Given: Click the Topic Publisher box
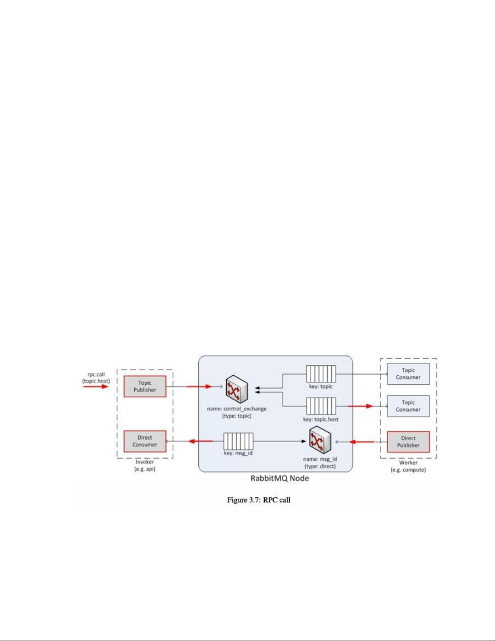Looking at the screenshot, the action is coord(145,386).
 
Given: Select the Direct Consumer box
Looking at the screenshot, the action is coord(145,441).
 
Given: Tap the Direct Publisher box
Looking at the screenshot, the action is coord(408,442).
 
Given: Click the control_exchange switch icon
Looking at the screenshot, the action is coord(237,389).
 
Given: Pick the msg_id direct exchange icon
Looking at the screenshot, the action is coord(320,441).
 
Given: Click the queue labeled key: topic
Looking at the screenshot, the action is coord(321,374).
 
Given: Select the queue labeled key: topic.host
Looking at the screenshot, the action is coord(321,406).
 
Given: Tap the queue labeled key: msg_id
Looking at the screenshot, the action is coord(238,441).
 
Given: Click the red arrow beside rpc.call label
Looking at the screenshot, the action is coord(96,387).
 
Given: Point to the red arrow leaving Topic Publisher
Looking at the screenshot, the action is coord(200,387).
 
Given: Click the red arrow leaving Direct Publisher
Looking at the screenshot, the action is coord(362,442).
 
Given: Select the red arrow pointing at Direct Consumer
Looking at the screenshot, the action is coord(200,441).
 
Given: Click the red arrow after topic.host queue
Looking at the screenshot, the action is coord(360,406).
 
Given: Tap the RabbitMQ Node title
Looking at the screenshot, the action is coord(280,478).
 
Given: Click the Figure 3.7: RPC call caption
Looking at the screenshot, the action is coord(259,500).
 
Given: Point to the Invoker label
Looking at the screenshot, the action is coord(145,462).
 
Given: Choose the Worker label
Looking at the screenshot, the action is coord(408,463).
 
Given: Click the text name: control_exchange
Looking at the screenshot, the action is coord(237,409).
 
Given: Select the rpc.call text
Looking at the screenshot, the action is coord(96,374).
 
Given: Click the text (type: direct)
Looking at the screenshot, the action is coord(320,466).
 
